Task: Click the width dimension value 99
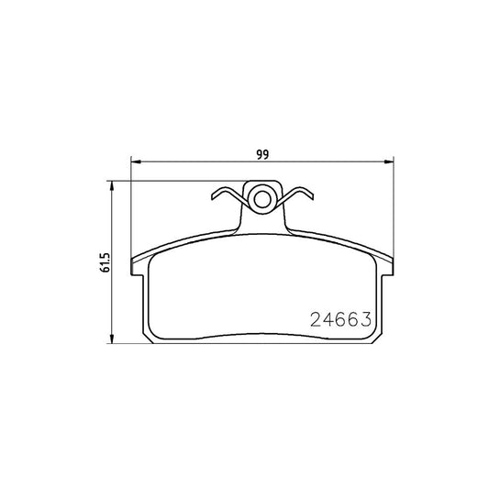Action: click(x=263, y=153)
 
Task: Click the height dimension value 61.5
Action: click(x=106, y=262)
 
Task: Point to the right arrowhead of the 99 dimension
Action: click(x=391, y=163)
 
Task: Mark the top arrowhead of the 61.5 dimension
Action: click(x=115, y=185)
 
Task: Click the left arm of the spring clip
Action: click(x=226, y=194)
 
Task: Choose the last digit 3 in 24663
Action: click(x=364, y=321)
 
